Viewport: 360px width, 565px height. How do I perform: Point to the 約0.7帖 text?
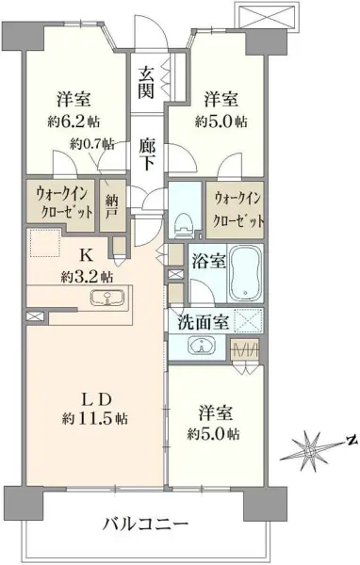(93, 144)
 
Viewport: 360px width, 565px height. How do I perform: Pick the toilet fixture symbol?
(184, 220)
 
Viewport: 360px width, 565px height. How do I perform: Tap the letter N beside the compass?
(349, 440)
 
